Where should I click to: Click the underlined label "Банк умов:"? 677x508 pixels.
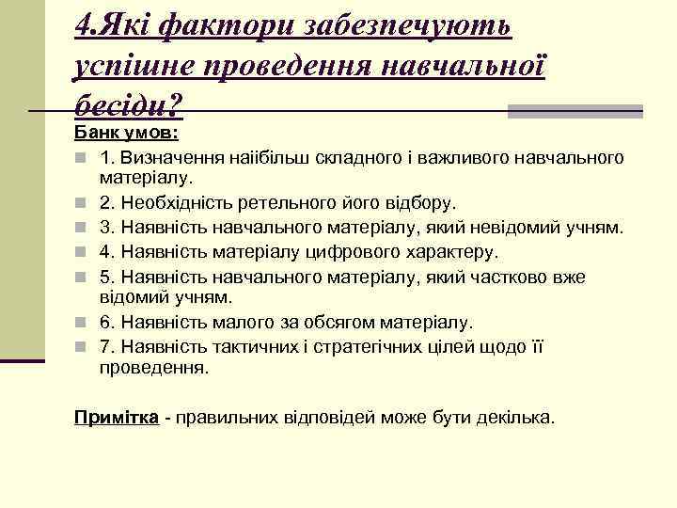133,133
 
